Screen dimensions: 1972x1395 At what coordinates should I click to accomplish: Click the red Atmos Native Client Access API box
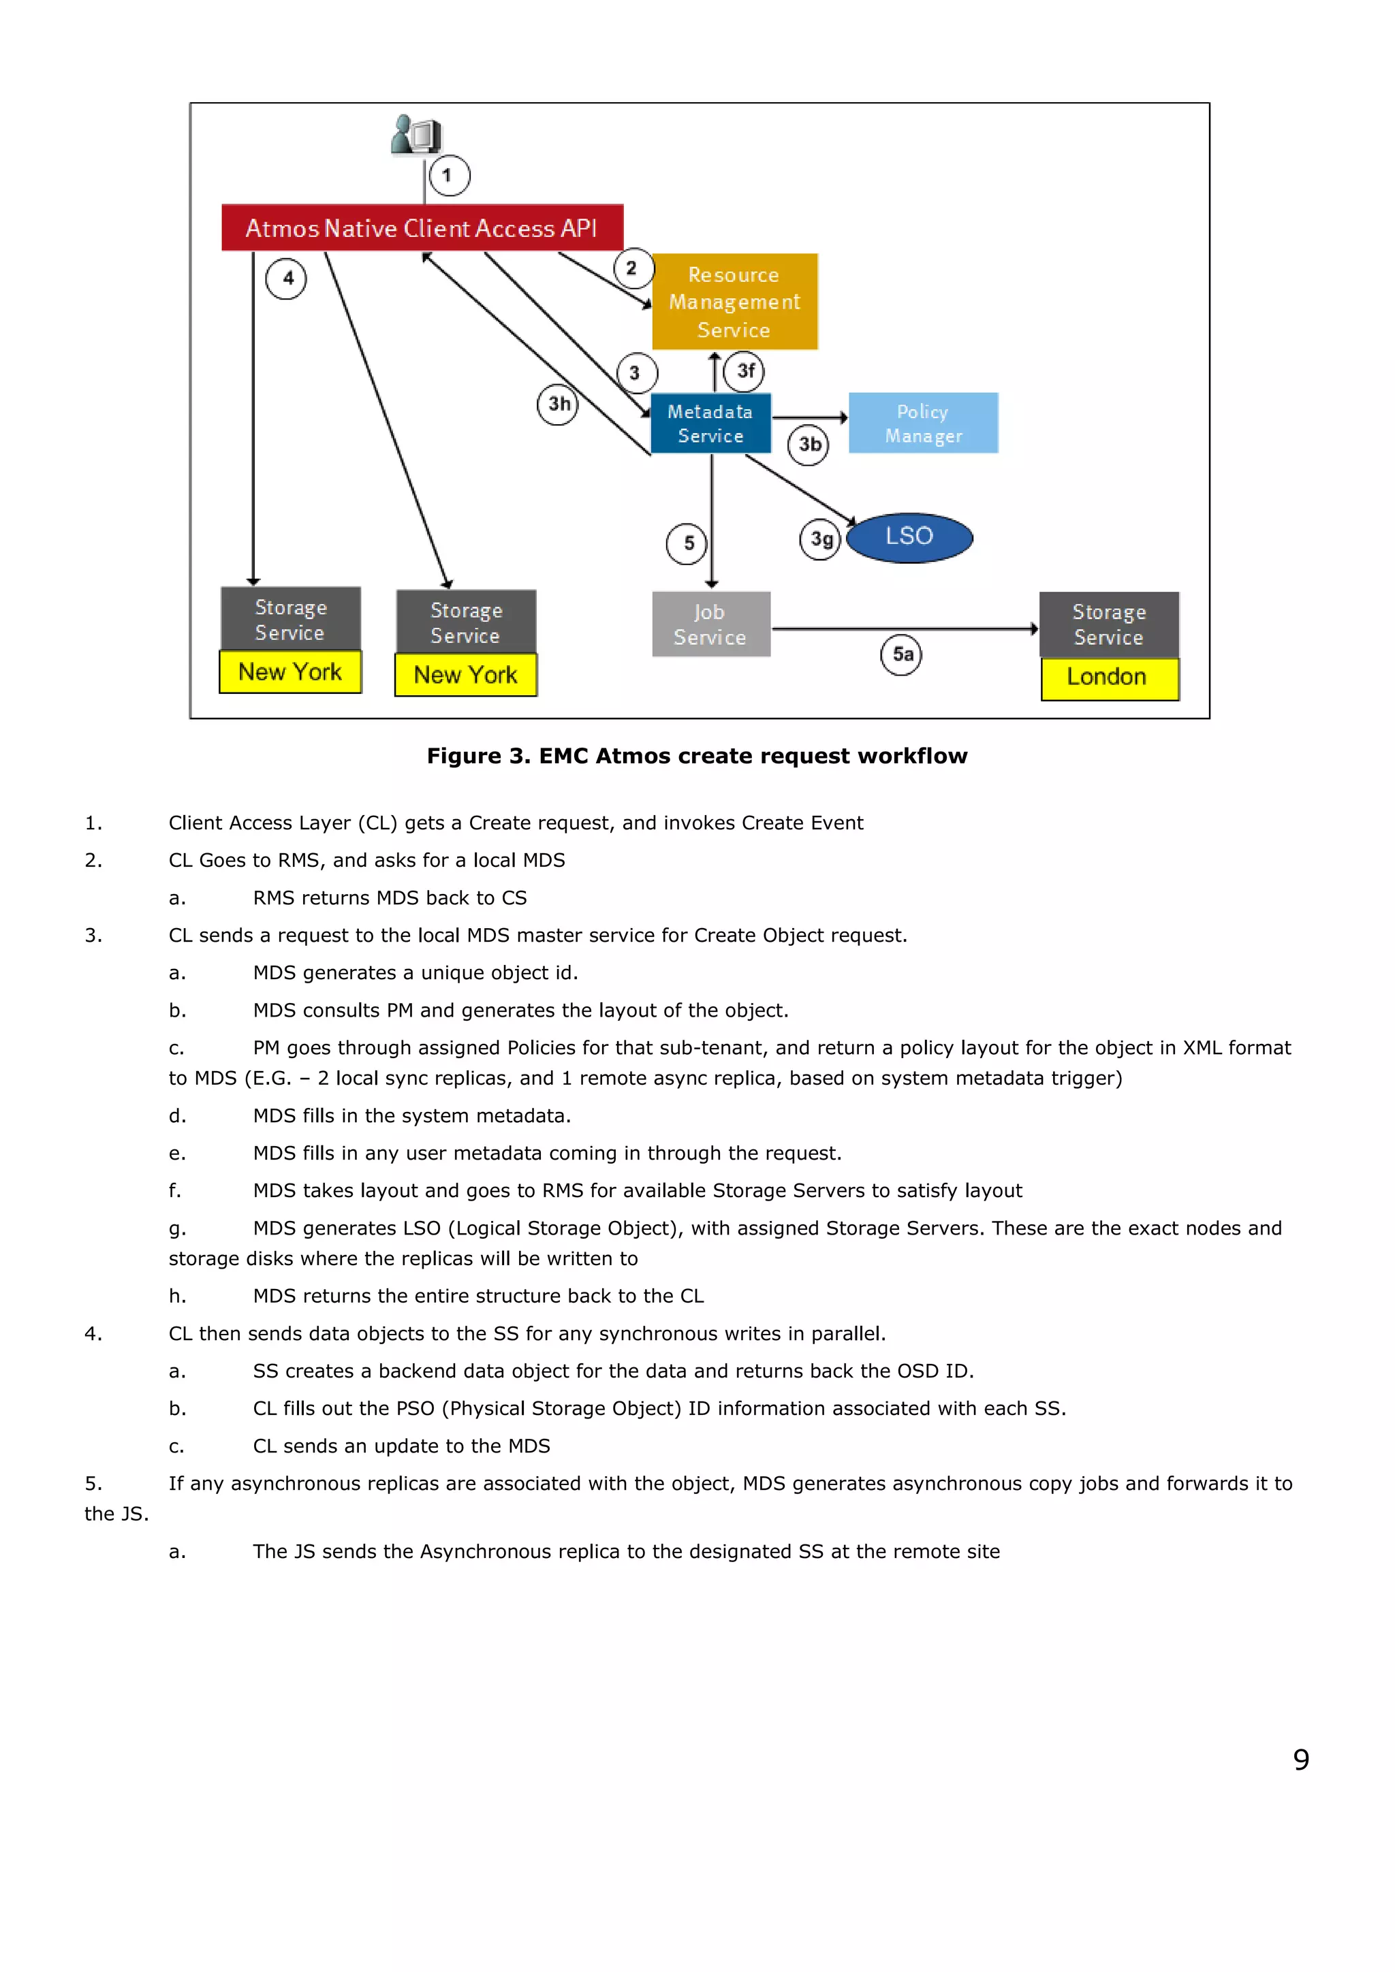[x=422, y=227]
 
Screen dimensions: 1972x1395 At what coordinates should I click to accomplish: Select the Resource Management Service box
[x=734, y=302]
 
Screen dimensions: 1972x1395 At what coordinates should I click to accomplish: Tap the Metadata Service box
[x=710, y=424]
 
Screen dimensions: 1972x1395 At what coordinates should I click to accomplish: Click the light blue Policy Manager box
[x=924, y=424]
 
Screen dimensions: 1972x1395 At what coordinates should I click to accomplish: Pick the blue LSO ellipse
[x=909, y=538]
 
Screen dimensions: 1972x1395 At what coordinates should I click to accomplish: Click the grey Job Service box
[x=710, y=624]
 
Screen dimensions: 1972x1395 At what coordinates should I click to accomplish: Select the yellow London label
[x=1109, y=678]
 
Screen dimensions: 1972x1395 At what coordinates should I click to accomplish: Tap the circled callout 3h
[x=559, y=404]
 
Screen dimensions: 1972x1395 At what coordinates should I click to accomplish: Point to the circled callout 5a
[x=902, y=655]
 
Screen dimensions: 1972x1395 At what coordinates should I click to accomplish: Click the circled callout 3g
[x=820, y=540]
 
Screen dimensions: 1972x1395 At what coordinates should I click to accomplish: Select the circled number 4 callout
[x=286, y=279]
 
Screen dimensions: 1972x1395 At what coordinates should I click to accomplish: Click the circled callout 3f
[x=744, y=371]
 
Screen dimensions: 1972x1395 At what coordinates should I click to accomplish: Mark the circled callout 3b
[x=809, y=445]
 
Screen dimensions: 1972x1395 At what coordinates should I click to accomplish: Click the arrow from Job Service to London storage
[x=902, y=630]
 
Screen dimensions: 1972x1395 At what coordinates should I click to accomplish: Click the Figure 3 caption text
[x=697, y=756]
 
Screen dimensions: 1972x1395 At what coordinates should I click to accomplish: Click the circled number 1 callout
[x=448, y=176]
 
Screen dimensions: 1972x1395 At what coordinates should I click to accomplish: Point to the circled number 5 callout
[x=687, y=543]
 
